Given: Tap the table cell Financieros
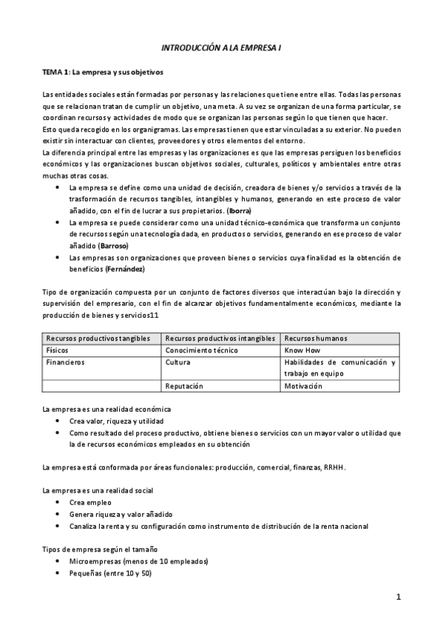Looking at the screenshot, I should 65,362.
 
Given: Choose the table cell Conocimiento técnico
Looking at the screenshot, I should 201,350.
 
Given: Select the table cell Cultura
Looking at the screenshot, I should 177,362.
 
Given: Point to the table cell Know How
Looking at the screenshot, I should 301,350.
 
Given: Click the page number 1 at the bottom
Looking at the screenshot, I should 398,597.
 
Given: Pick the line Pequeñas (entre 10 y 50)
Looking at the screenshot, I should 110,573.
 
